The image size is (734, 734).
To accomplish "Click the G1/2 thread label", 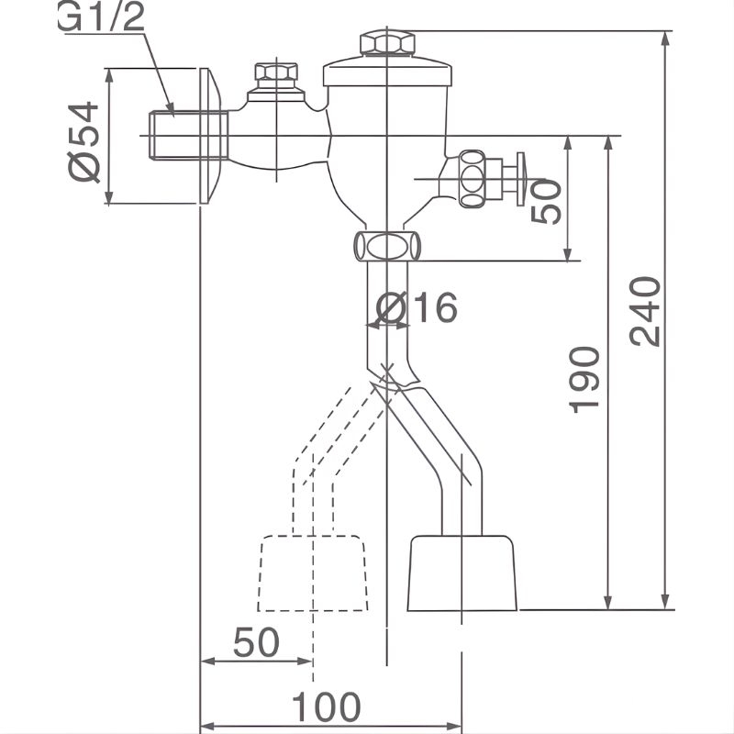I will (x=101, y=18).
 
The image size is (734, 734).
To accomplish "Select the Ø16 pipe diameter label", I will (x=417, y=308).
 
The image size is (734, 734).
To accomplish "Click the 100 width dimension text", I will (x=326, y=707).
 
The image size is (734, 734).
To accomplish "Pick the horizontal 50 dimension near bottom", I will (x=256, y=643).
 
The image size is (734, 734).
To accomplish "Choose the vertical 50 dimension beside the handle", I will (x=547, y=201).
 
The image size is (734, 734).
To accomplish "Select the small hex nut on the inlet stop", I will (x=276, y=72).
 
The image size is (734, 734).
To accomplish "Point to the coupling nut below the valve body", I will (x=386, y=246).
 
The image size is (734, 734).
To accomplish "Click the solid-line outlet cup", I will (x=462, y=573).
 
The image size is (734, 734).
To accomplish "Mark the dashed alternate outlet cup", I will (x=312, y=573).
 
